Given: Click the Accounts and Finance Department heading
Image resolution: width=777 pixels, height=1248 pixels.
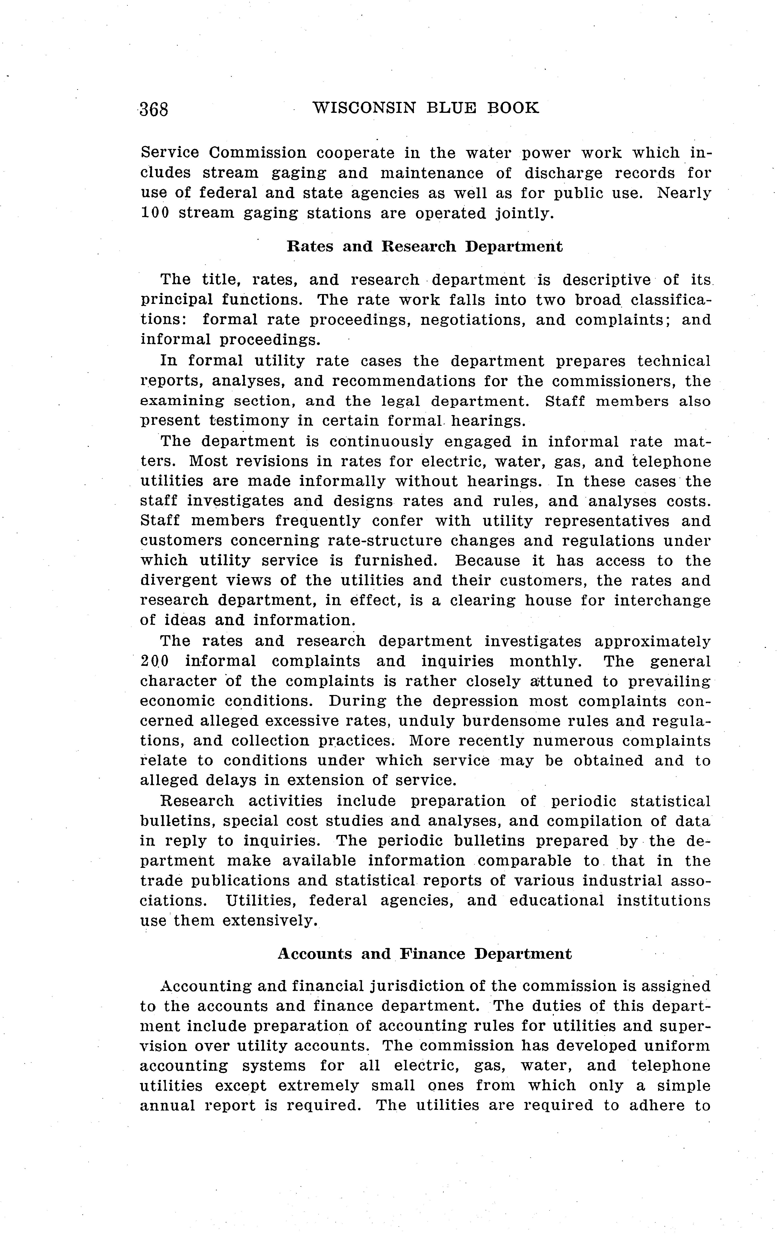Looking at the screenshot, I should click(x=424, y=954).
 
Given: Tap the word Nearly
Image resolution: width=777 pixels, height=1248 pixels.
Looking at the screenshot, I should click(x=684, y=193).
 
